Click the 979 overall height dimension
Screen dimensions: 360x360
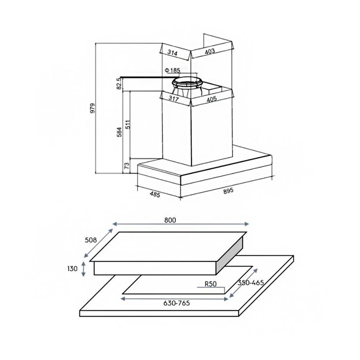tap(93, 108)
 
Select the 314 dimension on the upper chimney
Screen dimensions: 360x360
tap(173, 53)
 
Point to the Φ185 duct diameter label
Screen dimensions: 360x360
tap(172, 70)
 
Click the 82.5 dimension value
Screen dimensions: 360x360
tap(118, 84)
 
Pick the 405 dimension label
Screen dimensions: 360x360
tap(211, 99)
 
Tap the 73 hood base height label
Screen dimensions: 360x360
tap(126, 166)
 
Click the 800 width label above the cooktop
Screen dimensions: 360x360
tap(171, 220)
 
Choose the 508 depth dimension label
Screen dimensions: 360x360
tap(91, 240)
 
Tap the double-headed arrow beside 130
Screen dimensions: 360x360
tap(84, 269)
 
